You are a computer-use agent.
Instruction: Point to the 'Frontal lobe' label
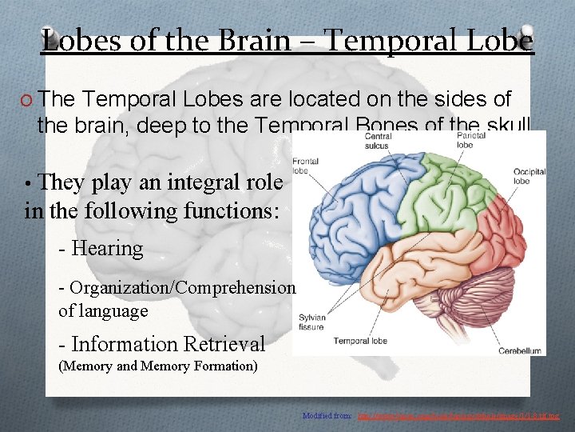[305, 165]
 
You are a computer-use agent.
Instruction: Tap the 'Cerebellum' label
[519, 350]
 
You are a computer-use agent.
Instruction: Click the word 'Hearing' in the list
[107, 249]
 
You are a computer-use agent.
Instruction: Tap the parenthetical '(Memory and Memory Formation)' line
[158, 366]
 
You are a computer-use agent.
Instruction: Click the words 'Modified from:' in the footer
[327, 416]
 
